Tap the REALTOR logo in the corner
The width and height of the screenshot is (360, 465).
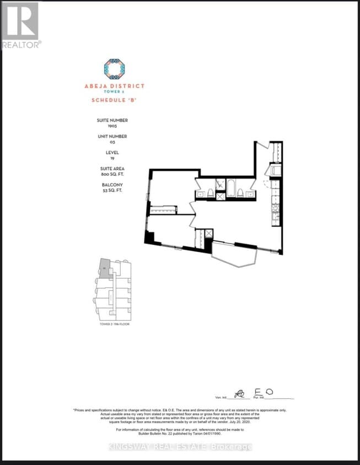[x=20, y=25]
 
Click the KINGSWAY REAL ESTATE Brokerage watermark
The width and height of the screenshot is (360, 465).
[x=179, y=447]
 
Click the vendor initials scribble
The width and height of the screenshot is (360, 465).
[x=239, y=394]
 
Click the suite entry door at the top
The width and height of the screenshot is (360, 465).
[x=263, y=146]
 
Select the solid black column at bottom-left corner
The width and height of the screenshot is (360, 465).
[x=149, y=238]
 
